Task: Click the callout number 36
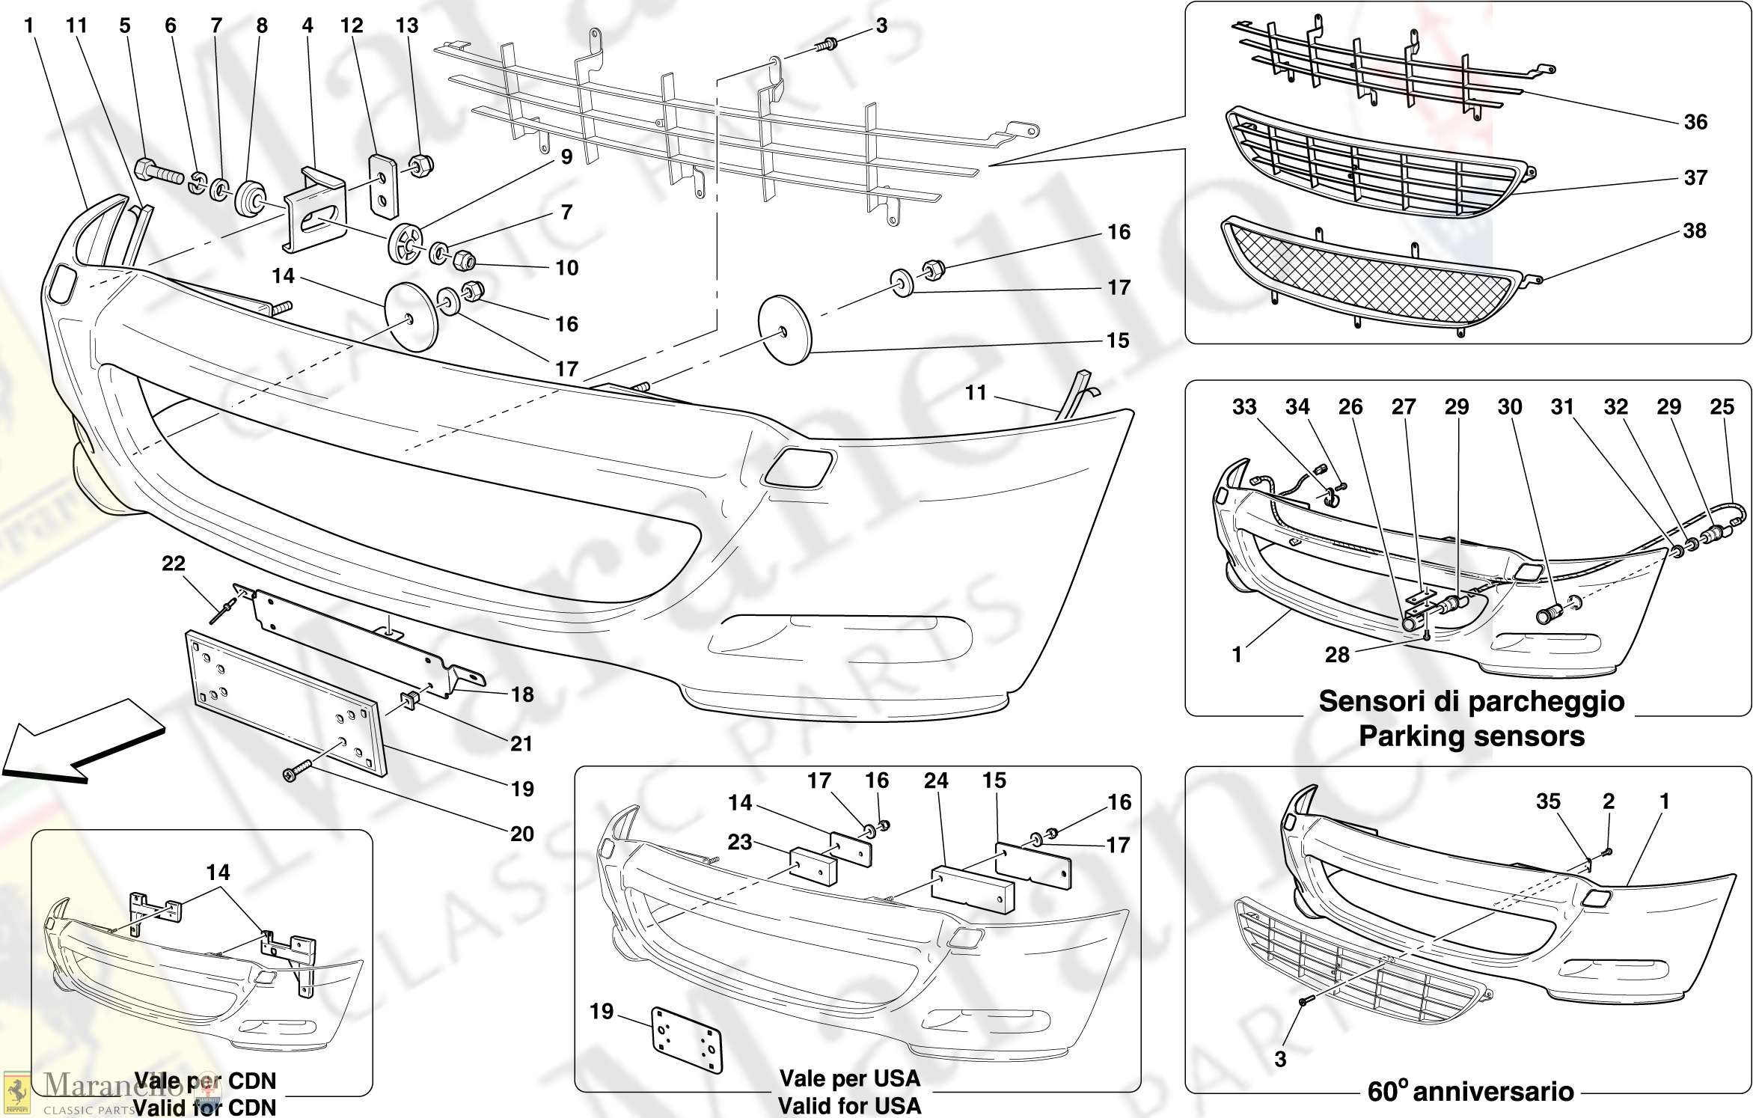click(1695, 122)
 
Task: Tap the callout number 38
click(1695, 230)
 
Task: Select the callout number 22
click(174, 563)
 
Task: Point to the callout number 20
click(522, 834)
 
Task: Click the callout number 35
click(1548, 801)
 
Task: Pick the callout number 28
click(1337, 655)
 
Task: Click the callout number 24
click(936, 781)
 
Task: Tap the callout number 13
click(407, 26)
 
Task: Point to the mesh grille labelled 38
click(1369, 277)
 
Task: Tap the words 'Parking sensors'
click(1471, 736)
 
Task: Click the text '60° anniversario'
click(1470, 1092)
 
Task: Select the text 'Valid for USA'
click(849, 1105)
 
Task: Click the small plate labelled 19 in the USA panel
click(686, 1039)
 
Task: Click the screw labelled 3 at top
click(826, 44)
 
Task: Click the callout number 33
click(1244, 407)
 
